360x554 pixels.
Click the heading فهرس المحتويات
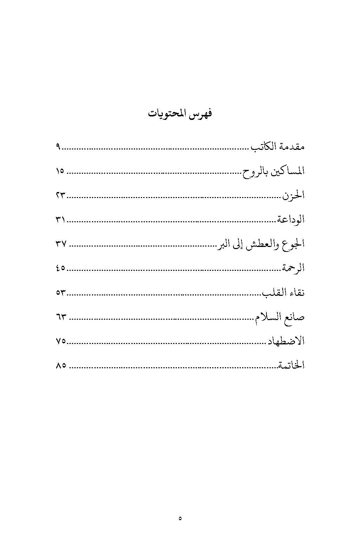point(180,114)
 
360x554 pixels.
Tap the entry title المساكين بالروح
point(274,171)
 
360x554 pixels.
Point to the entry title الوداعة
point(290,220)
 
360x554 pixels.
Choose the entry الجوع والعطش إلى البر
point(261,244)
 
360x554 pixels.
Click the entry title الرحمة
point(292,268)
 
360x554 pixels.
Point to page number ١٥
point(60,171)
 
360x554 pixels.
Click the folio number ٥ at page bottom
point(180,518)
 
